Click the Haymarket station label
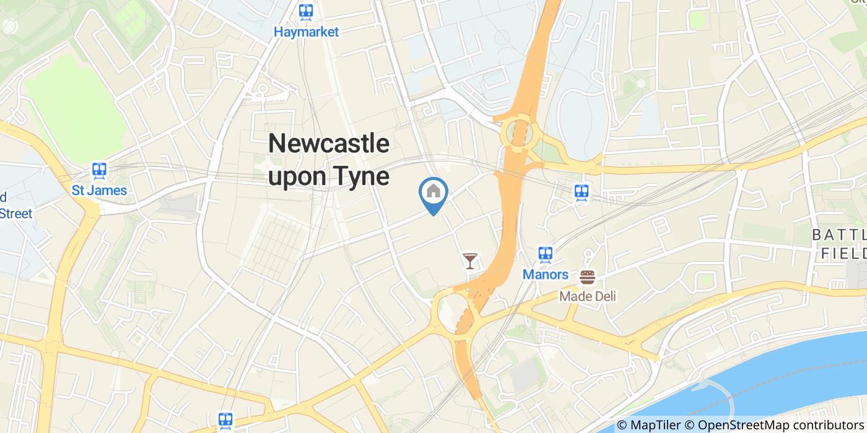click(307, 32)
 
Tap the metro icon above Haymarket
click(305, 12)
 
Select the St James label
click(99, 190)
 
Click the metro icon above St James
click(99, 170)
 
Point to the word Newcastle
click(329, 144)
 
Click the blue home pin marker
click(434, 193)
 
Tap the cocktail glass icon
click(470, 261)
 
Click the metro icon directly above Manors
click(545, 254)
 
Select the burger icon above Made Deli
click(587, 277)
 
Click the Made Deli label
click(588, 296)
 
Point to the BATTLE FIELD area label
click(842, 244)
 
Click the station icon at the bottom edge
click(225, 421)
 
